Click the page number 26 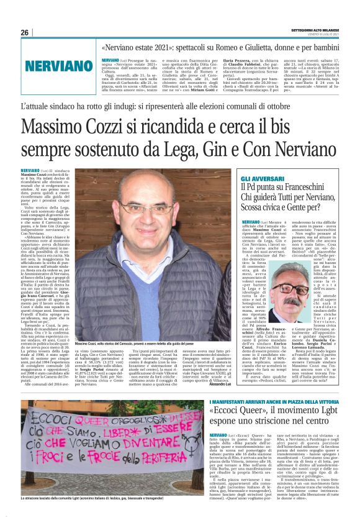coord(24,32)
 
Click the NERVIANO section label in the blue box coord(47,65)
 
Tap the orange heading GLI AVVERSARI coord(261,178)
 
